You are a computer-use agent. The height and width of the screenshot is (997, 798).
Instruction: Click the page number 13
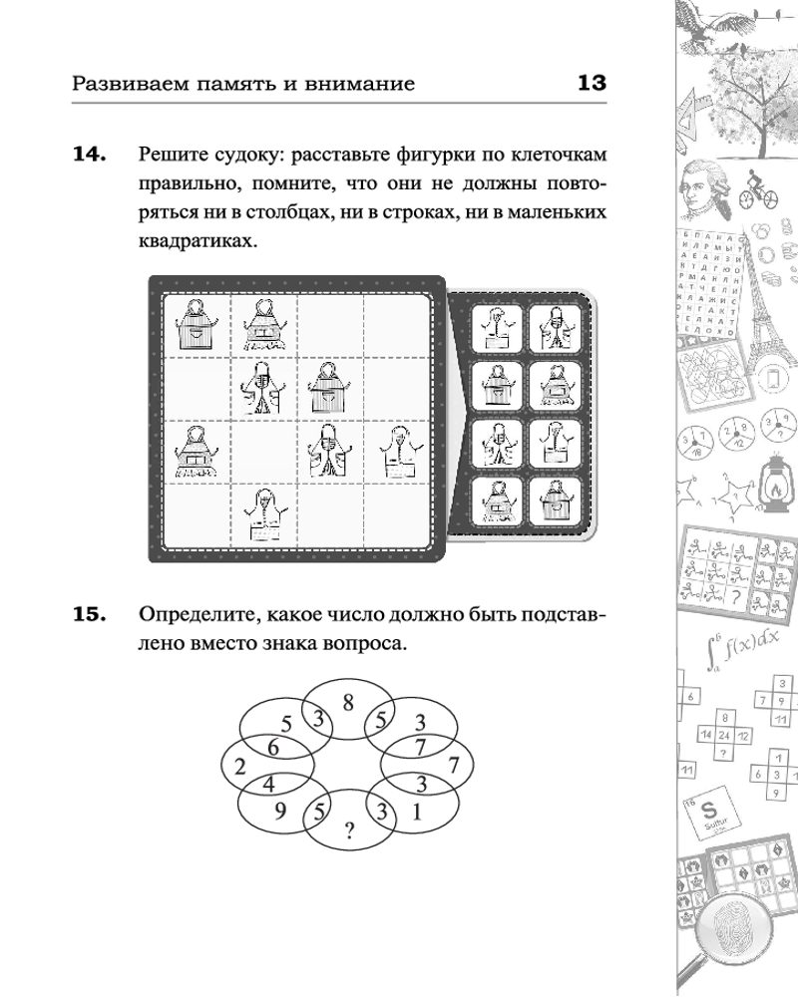pyautogui.click(x=592, y=83)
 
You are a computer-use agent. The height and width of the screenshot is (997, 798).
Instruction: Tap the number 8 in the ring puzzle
pyautogui.click(x=348, y=702)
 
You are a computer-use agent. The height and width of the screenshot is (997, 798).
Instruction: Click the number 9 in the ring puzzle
pyautogui.click(x=282, y=809)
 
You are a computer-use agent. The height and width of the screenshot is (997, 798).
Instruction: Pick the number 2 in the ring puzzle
pyautogui.click(x=239, y=766)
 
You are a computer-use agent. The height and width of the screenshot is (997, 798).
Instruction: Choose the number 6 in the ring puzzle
pyautogui.click(x=272, y=746)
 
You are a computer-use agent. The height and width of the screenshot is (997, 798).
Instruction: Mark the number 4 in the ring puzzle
pyautogui.click(x=268, y=784)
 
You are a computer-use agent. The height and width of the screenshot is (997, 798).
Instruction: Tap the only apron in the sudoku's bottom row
pyautogui.click(x=263, y=516)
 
